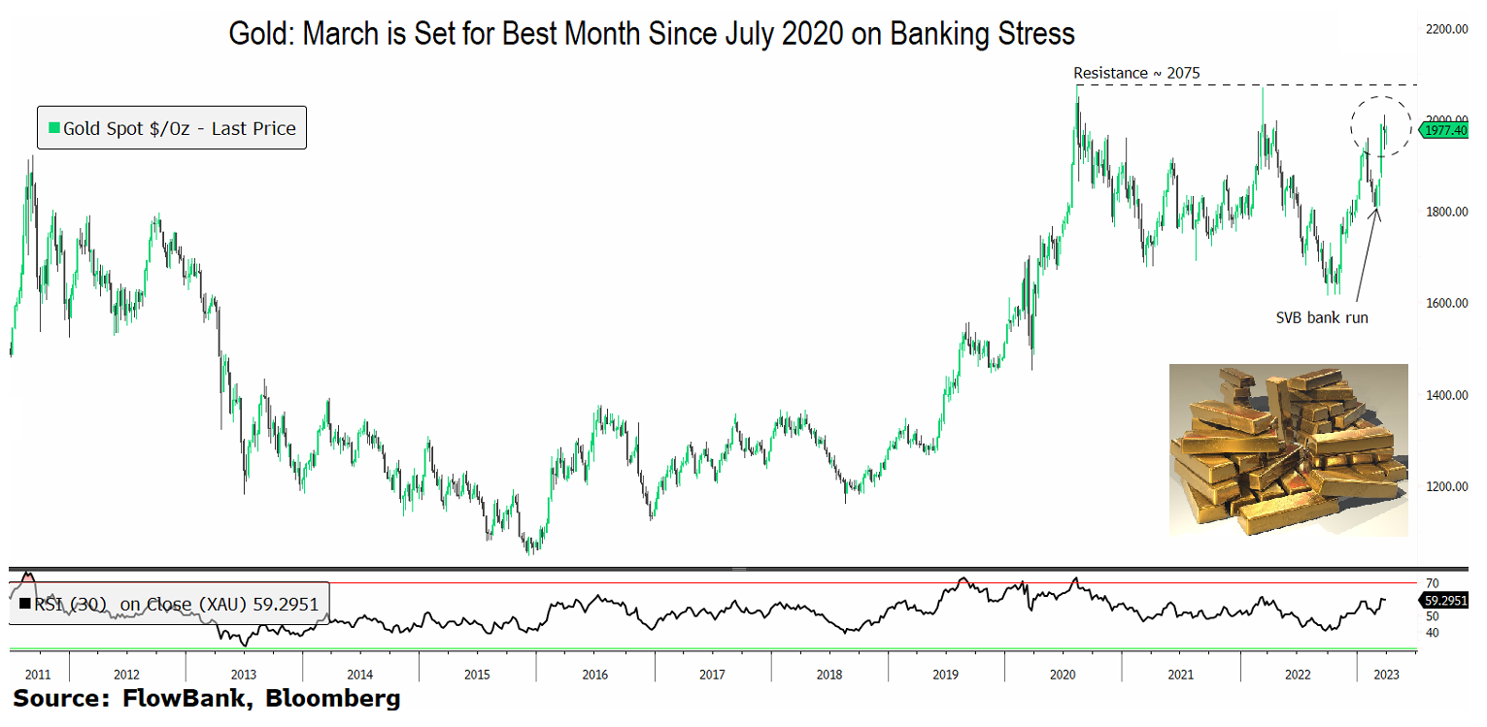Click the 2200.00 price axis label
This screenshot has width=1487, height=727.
[1446, 30]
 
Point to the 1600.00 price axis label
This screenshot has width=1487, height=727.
[1446, 304]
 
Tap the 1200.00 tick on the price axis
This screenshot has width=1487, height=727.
[1446, 487]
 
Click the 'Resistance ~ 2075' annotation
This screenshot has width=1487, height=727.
[1137, 73]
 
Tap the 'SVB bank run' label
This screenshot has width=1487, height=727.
[1321, 317]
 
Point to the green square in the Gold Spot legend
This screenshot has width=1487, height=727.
[54, 128]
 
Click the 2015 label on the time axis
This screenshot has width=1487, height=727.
[477, 674]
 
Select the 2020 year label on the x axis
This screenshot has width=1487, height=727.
[1063, 674]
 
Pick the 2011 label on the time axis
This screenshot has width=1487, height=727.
[37, 674]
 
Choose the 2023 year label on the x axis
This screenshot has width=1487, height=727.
[1386, 674]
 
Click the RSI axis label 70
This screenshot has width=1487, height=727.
[1431, 583]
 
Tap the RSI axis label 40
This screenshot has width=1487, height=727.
[1431, 633]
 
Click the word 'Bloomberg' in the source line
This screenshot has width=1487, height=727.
[333, 698]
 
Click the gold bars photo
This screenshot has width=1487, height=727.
[1288, 449]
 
